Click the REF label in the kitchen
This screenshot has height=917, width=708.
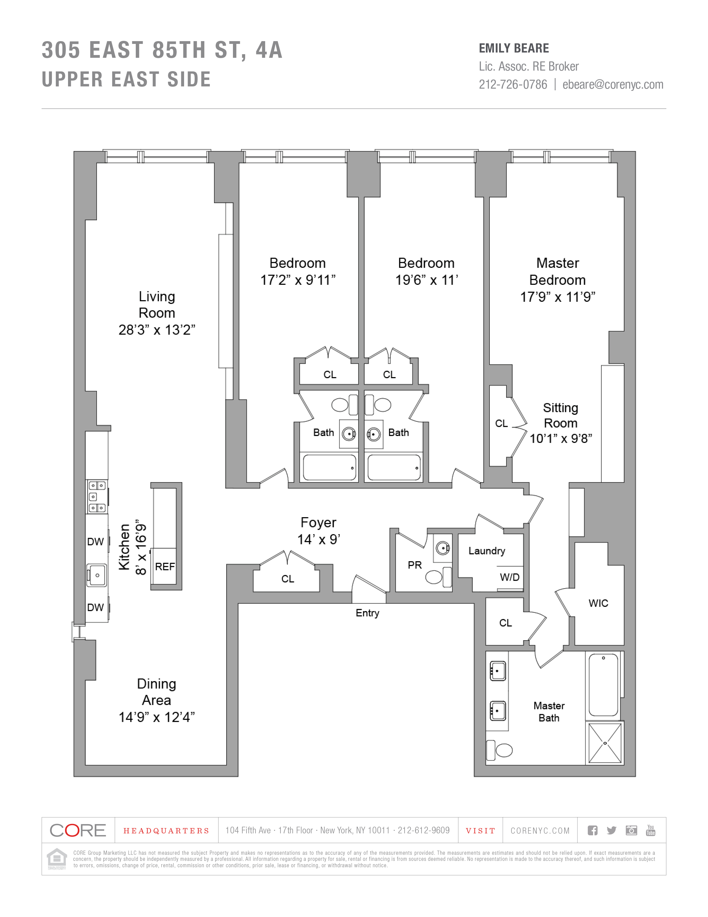coord(165,567)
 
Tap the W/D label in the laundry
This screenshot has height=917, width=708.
coord(509,577)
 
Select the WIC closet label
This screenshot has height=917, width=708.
coord(598,603)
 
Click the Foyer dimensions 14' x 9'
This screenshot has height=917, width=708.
coord(319,540)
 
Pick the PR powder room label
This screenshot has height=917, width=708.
coord(415,565)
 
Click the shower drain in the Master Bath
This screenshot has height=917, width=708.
coord(605,743)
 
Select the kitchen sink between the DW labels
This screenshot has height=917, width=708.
coord(97,575)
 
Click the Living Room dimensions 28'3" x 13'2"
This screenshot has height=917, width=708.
coord(157,330)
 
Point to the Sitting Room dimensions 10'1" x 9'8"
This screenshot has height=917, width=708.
coord(561,439)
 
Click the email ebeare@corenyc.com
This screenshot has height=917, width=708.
coord(613,84)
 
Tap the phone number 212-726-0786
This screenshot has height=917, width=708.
coord(513,84)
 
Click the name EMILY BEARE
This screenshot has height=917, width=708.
coord(514,48)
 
